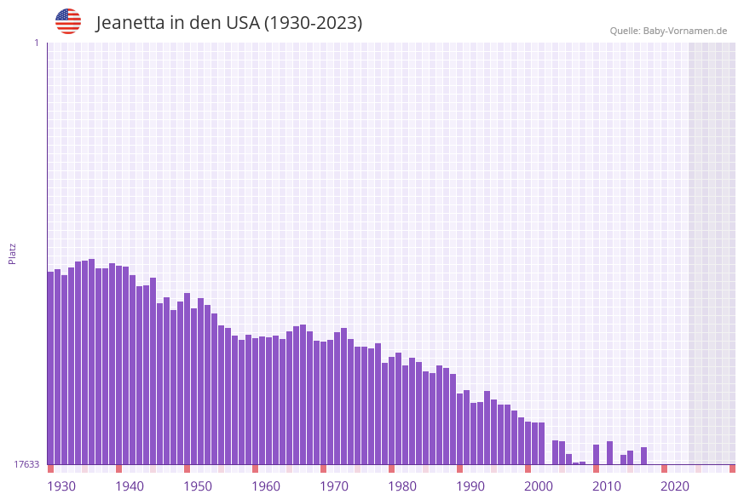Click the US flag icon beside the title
68,21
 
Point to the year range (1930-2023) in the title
313,23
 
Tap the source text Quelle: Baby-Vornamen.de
668,31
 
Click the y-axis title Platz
13,253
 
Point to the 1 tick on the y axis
36,43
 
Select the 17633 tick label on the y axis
26,464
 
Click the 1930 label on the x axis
61,486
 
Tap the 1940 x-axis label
130,486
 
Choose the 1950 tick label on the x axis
198,486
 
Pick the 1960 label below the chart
266,486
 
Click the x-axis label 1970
334,486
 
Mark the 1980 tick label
402,486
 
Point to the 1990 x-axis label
470,486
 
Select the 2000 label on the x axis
539,486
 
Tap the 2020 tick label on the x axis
675,486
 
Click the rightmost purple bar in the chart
643,456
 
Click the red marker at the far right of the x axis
732,468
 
